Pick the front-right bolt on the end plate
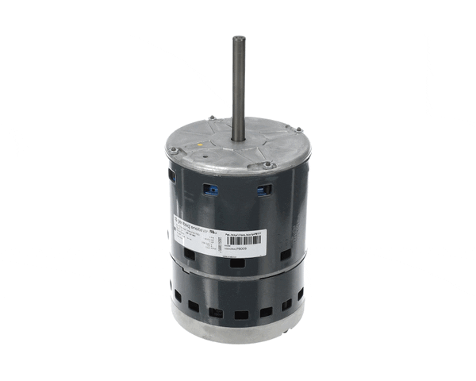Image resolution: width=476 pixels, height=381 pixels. click(x=270, y=166)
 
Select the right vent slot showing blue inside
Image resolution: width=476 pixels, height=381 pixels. click(x=263, y=190)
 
